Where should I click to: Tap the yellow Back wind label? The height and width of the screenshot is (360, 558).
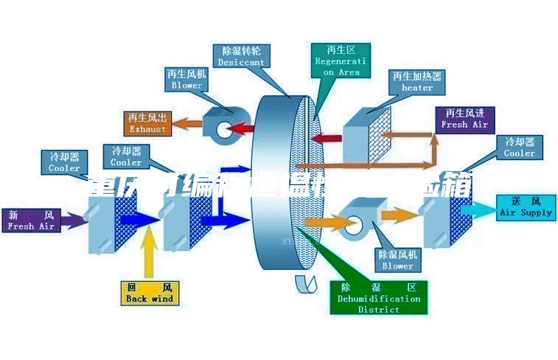[x=149, y=293]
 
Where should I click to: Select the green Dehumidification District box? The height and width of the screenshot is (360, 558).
[x=378, y=298]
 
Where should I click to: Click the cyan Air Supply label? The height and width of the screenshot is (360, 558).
[x=526, y=207]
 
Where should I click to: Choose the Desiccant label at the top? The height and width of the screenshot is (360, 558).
[x=241, y=57]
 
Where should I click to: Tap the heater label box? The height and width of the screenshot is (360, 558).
[x=417, y=82]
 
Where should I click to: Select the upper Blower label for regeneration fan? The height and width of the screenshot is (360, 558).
[x=186, y=80]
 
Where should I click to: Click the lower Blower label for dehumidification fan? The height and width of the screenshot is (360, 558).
[x=397, y=260]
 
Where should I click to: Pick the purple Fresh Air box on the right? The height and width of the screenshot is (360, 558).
[x=464, y=119]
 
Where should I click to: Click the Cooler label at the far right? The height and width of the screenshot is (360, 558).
[x=519, y=148]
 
